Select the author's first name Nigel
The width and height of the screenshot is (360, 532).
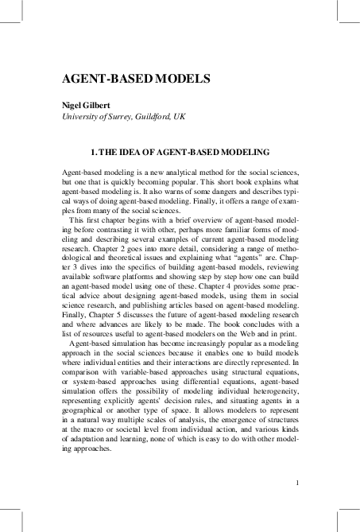pyautogui.click(x=73, y=105)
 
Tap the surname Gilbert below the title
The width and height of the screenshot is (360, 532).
pyautogui.click(x=104, y=105)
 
